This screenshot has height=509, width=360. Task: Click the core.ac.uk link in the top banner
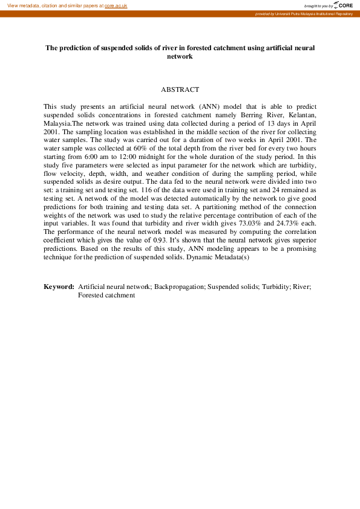click(116, 5)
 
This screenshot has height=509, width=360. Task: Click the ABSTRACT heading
click(180, 89)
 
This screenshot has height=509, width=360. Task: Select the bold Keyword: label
click(59, 287)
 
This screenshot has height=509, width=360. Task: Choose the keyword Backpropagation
click(178, 287)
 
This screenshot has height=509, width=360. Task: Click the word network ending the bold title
click(180, 56)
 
